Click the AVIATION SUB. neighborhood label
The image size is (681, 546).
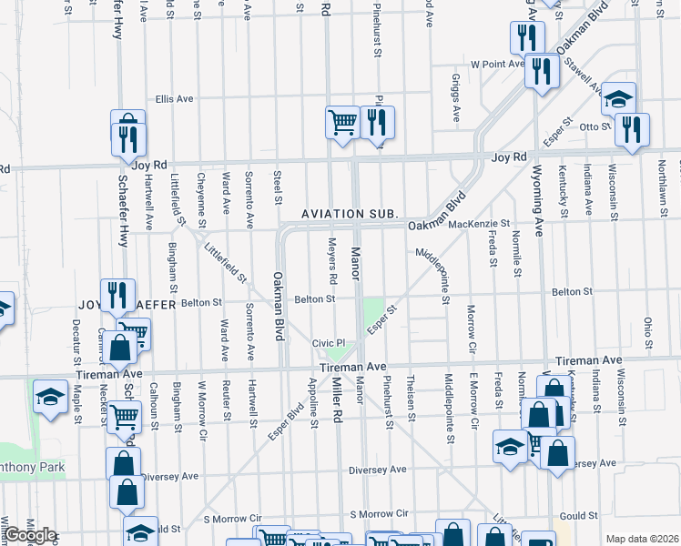pyautogui.click(x=351, y=213)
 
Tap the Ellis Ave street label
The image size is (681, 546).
pyautogui.click(x=175, y=98)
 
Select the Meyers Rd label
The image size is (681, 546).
pyautogui.click(x=332, y=259)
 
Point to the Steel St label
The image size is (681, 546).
pyautogui.click(x=276, y=186)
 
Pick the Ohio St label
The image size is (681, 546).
pyautogui.click(x=648, y=332)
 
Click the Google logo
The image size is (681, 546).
pyautogui.click(x=29, y=535)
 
